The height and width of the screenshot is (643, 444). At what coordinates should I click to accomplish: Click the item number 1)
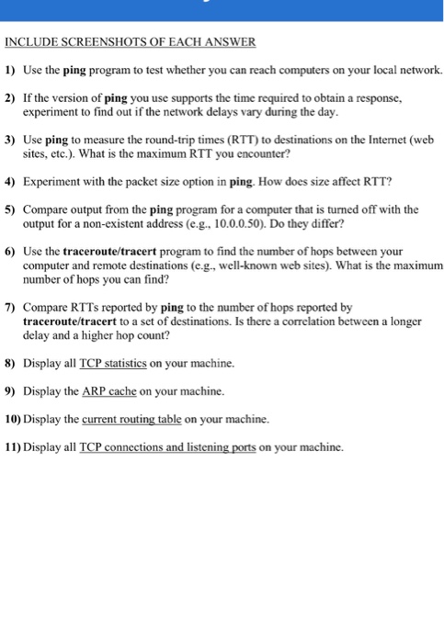[10, 70]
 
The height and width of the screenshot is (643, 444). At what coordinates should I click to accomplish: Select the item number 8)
[10, 363]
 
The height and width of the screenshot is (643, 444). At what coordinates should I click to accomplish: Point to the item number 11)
[13, 446]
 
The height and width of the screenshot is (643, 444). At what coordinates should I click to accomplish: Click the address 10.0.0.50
[318, 223]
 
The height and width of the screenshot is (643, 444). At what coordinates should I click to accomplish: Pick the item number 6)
[10, 251]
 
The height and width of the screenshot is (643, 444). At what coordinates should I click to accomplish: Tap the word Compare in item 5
[46, 209]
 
